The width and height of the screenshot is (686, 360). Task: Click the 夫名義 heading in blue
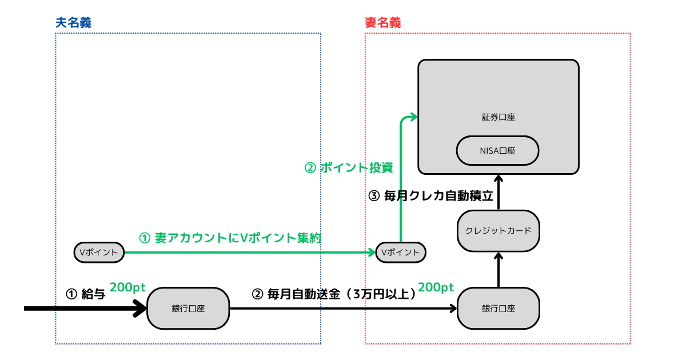click(x=73, y=22)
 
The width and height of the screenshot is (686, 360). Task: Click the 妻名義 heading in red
click(x=382, y=22)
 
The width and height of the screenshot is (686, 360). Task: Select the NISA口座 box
click(x=498, y=151)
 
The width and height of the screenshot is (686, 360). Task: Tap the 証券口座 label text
click(x=498, y=117)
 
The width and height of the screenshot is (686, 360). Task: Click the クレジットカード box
click(x=498, y=231)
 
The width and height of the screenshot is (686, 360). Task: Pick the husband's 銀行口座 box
click(x=188, y=309)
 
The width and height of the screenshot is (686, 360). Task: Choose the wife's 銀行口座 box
click(x=498, y=309)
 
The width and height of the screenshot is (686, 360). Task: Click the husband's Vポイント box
click(x=99, y=252)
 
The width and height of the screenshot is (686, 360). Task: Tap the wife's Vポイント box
click(x=401, y=252)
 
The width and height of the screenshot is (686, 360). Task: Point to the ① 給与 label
click(x=86, y=294)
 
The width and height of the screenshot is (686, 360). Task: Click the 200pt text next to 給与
click(x=127, y=287)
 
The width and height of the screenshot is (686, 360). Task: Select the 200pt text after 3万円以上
click(x=436, y=287)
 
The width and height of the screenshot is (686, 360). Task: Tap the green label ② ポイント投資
click(x=348, y=168)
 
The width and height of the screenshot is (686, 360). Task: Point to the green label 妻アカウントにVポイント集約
click(x=229, y=238)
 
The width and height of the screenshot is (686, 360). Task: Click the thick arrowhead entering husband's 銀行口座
click(x=141, y=309)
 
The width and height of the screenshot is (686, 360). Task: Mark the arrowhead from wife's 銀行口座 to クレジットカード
click(x=498, y=257)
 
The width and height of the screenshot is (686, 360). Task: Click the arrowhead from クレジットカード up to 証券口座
click(x=498, y=178)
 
